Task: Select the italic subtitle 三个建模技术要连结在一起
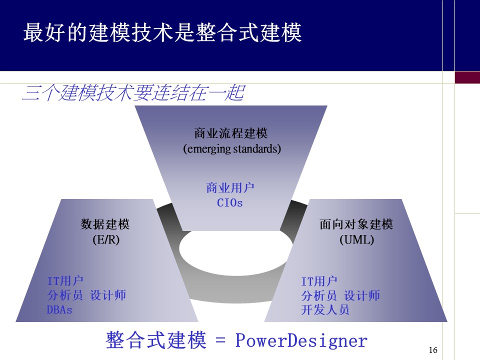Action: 133,93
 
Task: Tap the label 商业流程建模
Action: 231,133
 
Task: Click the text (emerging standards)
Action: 232,148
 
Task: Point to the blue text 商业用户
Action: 230,188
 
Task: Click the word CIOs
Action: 229,203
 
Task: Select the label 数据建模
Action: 105,224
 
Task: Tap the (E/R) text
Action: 106,239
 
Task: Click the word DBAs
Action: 59,310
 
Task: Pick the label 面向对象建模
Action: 356,224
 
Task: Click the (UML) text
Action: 356,239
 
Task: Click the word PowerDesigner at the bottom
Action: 301,341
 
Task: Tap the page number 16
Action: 433,350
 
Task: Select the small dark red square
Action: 467,77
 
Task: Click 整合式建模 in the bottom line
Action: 156,340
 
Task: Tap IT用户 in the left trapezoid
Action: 65,280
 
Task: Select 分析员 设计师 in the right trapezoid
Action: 340,295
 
